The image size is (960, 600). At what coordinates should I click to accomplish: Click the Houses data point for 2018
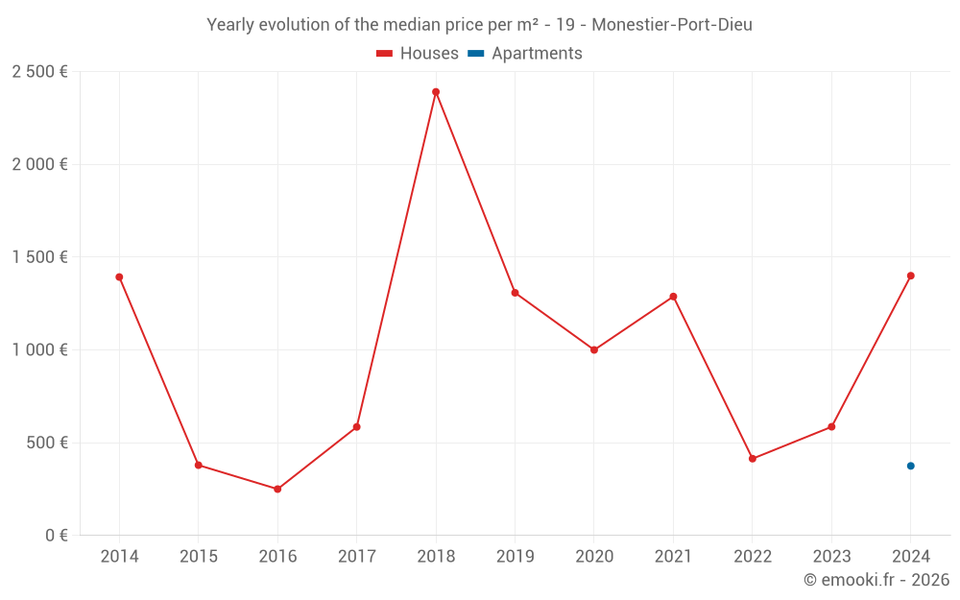(436, 92)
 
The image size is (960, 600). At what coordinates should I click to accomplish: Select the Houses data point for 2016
(277, 489)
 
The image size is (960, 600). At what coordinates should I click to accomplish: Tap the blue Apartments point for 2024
(910, 466)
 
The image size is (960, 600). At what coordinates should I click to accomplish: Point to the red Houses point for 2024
(910, 276)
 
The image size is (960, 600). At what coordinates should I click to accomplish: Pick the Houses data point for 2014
(119, 276)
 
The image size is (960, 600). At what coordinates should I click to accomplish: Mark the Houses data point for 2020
(594, 349)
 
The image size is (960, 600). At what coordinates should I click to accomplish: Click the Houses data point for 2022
(753, 459)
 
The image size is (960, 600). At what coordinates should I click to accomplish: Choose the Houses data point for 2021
(673, 297)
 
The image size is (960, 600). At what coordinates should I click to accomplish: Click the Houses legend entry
(418, 54)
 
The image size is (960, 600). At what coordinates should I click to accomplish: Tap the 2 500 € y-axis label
(39, 72)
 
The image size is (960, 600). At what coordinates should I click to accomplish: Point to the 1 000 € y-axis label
(39, 350)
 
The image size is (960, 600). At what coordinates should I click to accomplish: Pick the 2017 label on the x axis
(356, 557)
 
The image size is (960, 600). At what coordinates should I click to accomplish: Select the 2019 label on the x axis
(515, 557)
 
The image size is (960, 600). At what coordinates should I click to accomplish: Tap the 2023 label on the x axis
(831, 557)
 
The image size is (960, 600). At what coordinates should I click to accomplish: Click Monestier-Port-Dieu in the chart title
(672, 25)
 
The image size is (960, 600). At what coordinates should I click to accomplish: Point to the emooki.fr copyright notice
(876, 580)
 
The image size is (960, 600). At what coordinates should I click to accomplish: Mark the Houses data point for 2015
(199, 465)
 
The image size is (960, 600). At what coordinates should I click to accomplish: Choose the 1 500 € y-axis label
(39, 257)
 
